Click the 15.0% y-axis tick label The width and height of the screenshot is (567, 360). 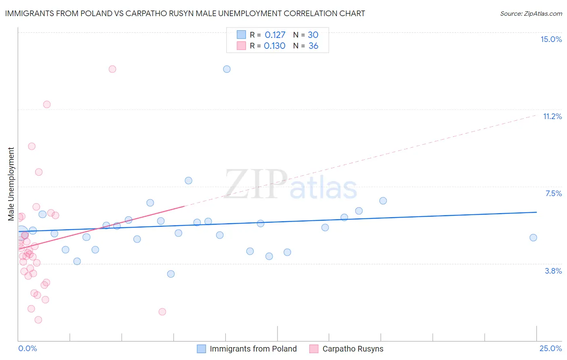tap(551, 39)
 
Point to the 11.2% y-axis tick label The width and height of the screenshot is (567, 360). tap(552, 116)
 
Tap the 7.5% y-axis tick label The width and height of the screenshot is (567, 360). tap(553, 193)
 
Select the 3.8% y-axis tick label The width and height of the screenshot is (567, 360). tap(553, 271)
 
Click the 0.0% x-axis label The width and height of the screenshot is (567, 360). tap(27, 348)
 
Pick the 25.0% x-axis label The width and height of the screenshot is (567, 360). tap(550, 348)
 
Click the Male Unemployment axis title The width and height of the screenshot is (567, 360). tap(11, 184)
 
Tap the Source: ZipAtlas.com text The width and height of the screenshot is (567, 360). tap(531, 13)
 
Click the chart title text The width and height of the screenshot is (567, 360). tap(185, 13)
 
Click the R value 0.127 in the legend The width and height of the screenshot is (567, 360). tap(275, 35)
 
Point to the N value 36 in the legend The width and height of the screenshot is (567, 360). tap(313, 46)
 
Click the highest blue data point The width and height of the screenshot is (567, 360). tap(227, 69)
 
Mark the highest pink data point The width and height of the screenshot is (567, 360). tap(113, 69)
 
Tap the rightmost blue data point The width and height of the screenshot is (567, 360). tap(533, 238)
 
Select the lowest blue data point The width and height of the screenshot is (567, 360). tap(171, 274)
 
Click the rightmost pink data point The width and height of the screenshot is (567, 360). tap(162, 312)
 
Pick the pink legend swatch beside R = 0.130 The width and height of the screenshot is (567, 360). tap(241, 46)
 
